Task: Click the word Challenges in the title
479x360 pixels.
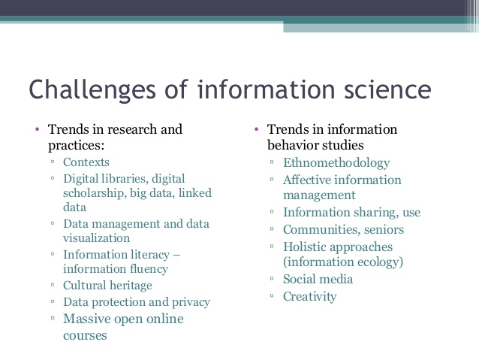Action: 92,90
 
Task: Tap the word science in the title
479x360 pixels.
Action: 387,89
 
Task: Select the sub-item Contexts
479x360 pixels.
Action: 86,162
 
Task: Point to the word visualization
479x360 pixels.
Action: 97,238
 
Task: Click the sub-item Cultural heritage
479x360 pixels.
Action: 107,286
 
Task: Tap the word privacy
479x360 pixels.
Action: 191,302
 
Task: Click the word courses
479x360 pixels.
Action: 85,336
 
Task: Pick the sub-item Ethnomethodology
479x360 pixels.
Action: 336,163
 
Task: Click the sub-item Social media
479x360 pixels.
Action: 318,280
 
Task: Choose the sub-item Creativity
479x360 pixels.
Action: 310,297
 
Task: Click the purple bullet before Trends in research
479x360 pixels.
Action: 38,129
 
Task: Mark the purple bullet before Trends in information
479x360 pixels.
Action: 256,129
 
